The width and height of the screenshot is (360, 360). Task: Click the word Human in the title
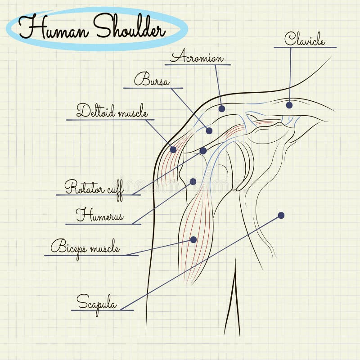pos(53,28)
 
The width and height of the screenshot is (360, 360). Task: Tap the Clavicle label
pos(304,39)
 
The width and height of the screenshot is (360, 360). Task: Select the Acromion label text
pos(197,58)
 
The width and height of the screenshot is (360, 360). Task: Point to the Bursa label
pos(152,81)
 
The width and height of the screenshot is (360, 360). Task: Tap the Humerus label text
pos(99,215)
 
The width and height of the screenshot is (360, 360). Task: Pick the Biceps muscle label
pos(85,247)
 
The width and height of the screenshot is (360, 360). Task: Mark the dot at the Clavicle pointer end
pos(289,105)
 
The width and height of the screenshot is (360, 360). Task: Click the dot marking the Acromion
pos(221,108)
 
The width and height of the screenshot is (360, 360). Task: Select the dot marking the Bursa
pos(209,131)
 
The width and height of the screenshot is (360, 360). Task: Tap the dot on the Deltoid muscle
pos(173,149)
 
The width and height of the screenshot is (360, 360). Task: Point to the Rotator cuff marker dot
pos(203,151)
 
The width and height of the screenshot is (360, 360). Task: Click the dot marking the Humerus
pos(193,181)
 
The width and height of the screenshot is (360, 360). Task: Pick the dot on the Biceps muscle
pos(193,239)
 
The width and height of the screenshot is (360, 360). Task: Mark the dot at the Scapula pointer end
pos(281,215)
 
